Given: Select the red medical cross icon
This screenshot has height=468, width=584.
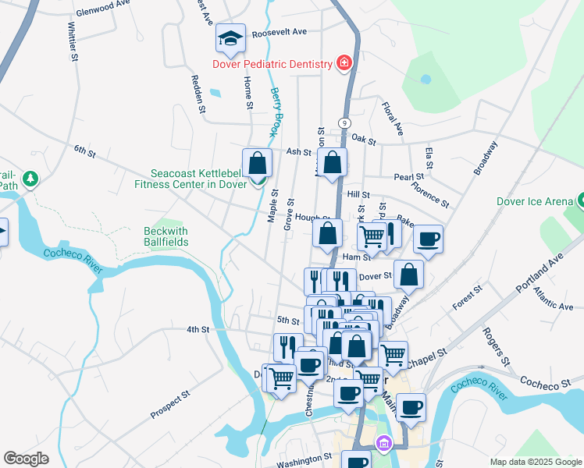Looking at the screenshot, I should coord(344,62).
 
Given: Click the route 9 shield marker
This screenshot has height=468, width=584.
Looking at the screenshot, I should coord(344,122).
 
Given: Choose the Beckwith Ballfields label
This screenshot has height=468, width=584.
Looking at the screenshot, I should coord(166,236).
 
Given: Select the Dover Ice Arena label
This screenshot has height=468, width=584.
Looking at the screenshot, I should coord(534,201).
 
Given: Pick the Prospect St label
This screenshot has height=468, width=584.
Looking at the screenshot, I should coord(170,405).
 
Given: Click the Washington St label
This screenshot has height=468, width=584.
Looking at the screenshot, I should coord(304,461).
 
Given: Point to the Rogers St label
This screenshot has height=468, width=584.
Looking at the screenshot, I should coord(497,350).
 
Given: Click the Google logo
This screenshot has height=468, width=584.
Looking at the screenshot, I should coord(26,459).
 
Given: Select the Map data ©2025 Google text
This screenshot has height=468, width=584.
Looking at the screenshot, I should coord(535,462).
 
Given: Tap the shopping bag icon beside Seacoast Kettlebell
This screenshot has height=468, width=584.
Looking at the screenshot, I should coord(257,164).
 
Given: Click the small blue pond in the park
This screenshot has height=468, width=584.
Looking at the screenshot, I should coord(426,79).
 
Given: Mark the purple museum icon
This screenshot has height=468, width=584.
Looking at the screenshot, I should coord(383,444).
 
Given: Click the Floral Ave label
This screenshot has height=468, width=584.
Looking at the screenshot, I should coord(392,117).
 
